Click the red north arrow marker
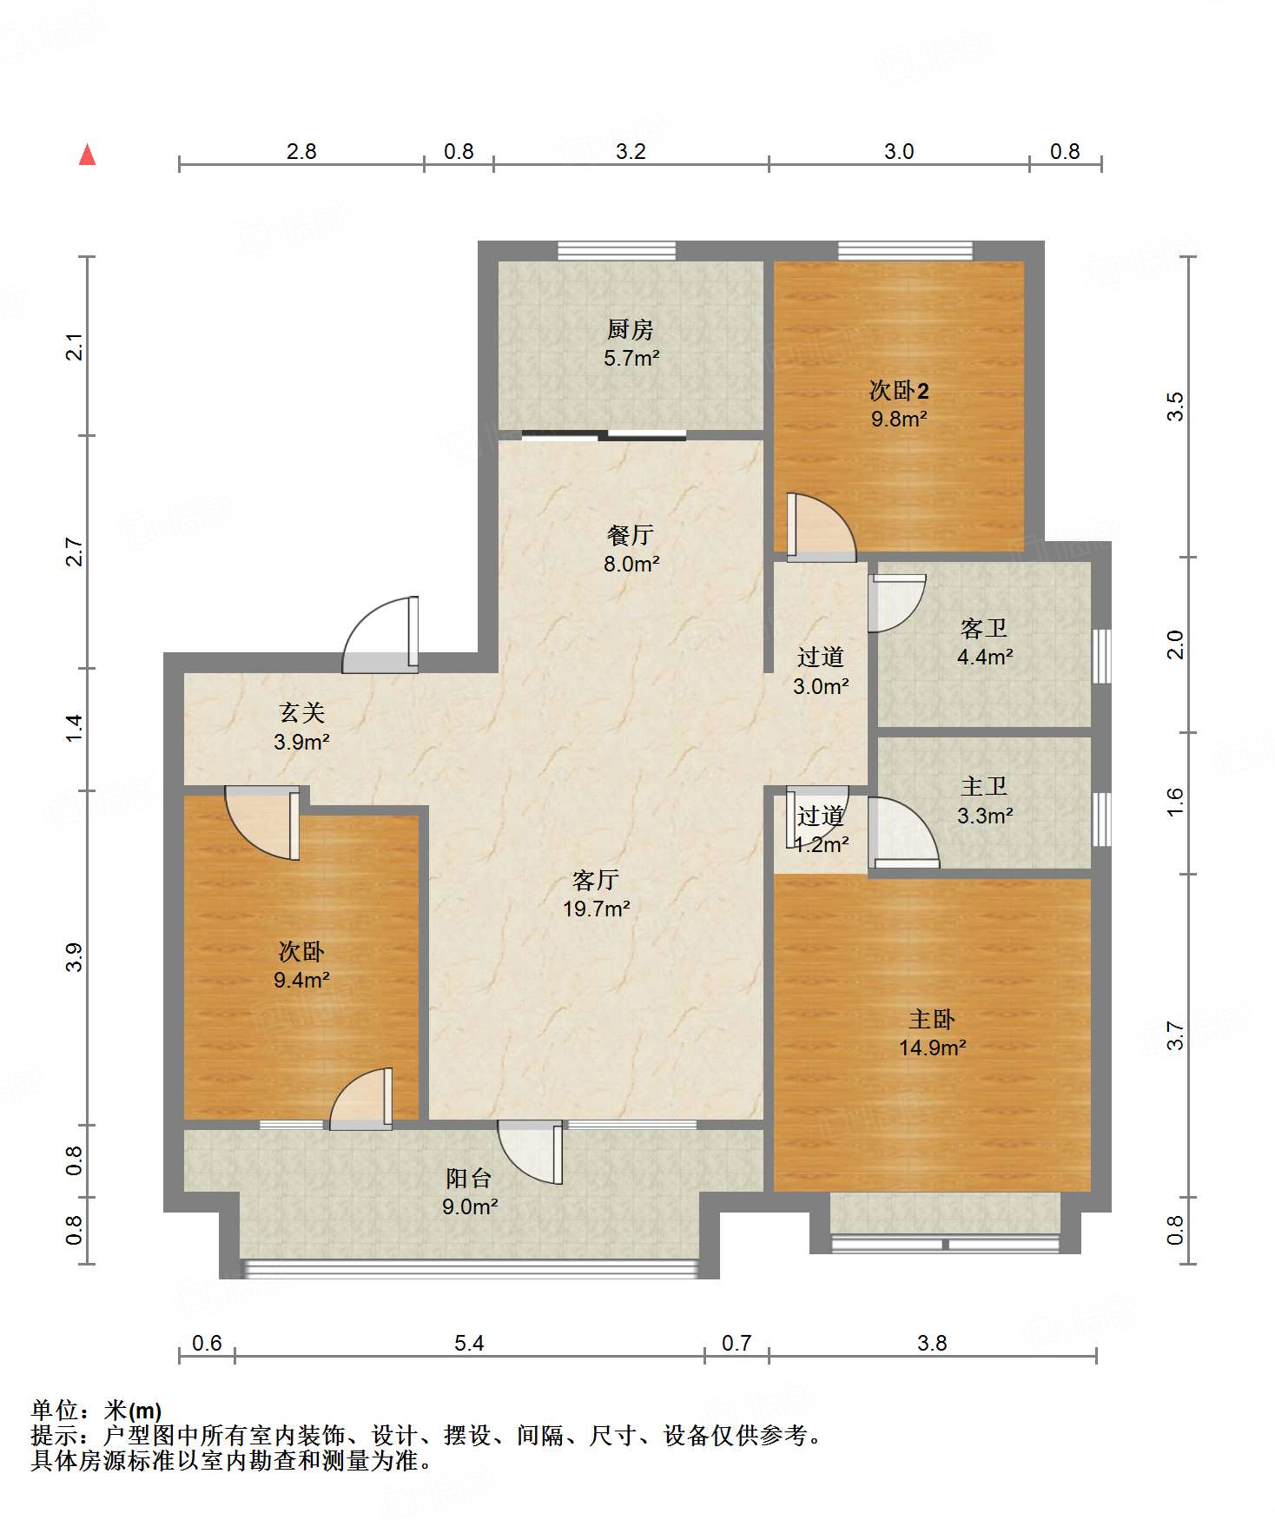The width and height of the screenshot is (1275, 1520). [x=87, y=155]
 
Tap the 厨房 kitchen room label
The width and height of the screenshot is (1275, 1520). [x=631, y=330]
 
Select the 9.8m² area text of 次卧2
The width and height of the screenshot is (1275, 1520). [x=899, y=419]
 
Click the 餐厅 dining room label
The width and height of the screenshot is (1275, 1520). [x=631, y=535]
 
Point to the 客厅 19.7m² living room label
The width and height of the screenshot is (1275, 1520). [x=596, y=895]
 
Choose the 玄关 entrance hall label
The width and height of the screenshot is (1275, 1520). [x=301, y=713]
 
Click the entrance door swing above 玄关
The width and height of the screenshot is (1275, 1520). [x=380, y=635]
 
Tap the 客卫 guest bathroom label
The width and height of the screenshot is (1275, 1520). [x=984, y=628]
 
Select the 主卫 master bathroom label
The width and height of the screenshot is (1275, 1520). [x=984, y=787]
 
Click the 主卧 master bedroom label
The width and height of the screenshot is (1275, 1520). [x=932, y=1019]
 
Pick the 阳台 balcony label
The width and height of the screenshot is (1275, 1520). [x=469, y=1179]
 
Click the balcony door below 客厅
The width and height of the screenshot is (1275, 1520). [x=531, y=1153]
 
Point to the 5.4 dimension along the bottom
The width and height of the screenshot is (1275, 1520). [x=469, y=1344]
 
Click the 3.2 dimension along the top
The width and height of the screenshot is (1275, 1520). [x=631, y=151]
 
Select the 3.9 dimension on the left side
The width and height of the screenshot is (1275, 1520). [x=75, y=957]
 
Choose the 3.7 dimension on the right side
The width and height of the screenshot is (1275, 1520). [x=1174, y=1035]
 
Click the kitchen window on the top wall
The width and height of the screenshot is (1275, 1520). [x=617, y=251]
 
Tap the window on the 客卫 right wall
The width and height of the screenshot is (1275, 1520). [x=1101, y=657]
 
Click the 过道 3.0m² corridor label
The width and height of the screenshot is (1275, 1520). [x=821, y=671]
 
